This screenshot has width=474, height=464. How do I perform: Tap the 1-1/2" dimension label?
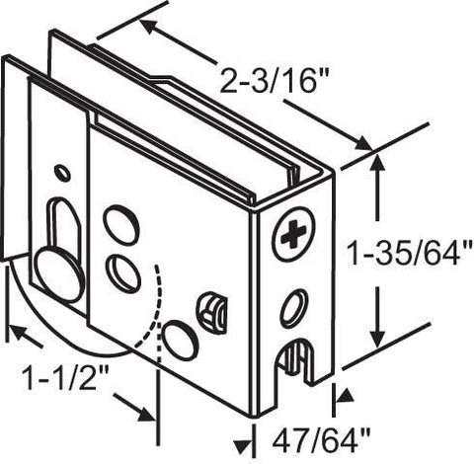[x=65, y=378]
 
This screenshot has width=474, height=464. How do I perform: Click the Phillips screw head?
[x=294, y=235]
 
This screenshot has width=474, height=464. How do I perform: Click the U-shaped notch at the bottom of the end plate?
[x=295, y=358]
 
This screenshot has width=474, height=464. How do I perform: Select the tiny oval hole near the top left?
[x=62, y=173]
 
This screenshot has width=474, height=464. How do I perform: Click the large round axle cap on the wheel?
[x=58, y=274]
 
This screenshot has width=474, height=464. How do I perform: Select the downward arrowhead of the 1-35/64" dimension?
[x=378, y=337]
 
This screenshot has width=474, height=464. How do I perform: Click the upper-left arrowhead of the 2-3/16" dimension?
[x=150, y=28]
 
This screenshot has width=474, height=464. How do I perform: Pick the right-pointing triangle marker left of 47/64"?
[x=244, y=447]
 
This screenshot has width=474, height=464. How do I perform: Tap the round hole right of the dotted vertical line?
[x=180, y=341]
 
